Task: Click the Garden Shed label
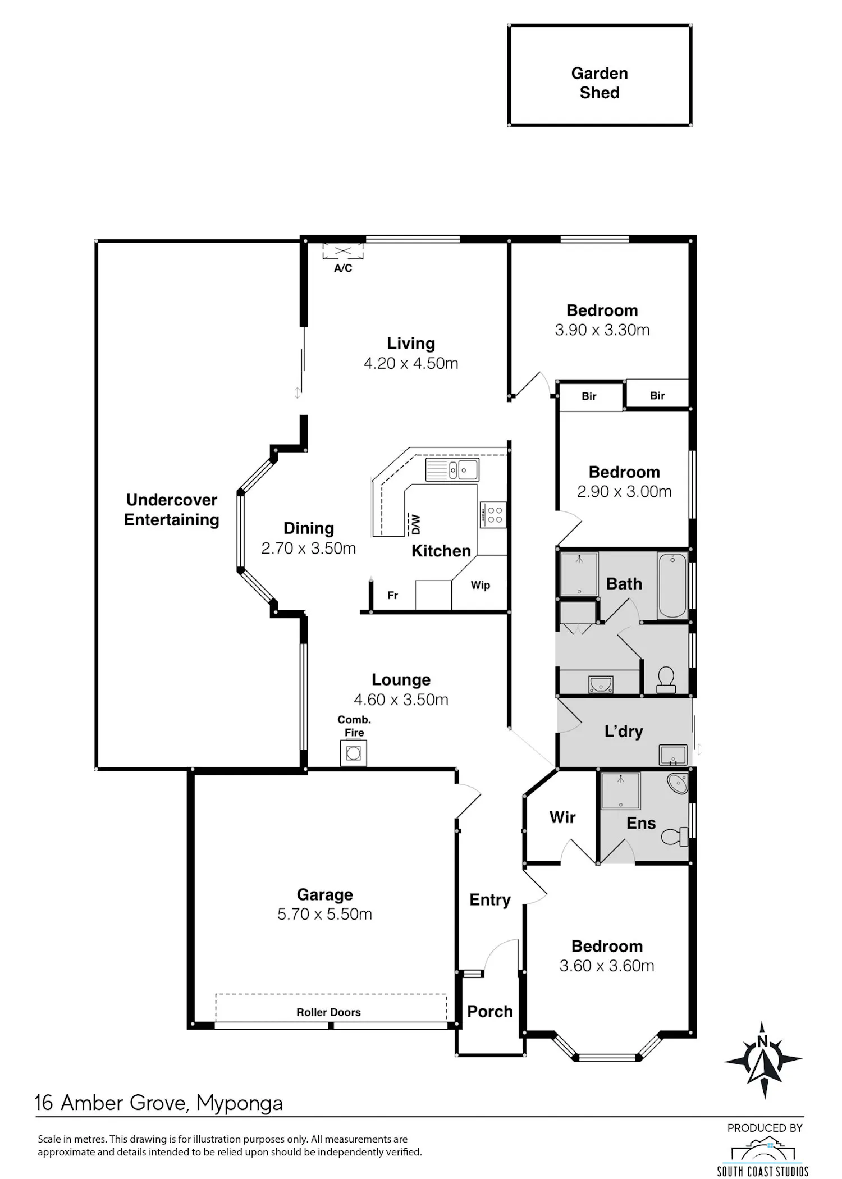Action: [x=600, y=83]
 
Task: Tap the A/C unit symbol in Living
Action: [x=343, y=251]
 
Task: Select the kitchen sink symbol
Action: [x=452, y=470]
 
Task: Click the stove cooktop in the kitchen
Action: [x=493, y=515]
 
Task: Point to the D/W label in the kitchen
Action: [x=416, y=524]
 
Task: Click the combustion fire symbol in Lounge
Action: [x=354, y=753]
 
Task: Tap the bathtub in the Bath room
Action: [x=672, y=586]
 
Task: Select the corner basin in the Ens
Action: [x=678, y=784]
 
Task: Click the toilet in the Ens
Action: [x=675, y=837]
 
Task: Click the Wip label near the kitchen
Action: [x=481, y=586]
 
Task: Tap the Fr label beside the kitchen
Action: [x=393, y=595]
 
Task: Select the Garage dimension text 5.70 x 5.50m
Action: [x=324, y=914]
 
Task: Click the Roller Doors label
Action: [x=328, y=1012]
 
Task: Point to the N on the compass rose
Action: [x=762, y=1041]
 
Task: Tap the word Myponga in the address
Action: [x=239, y=1104]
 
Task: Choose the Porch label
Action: [x=490, y=1012]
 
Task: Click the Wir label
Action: [x=562, y=817]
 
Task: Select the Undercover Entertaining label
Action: [x=172, y=510]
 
